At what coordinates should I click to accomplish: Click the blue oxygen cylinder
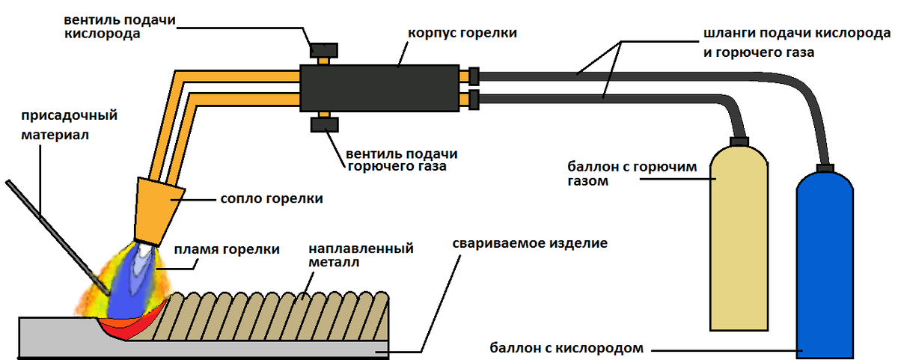(x=825, y=265)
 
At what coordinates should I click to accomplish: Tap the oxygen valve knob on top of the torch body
(x=324, y=50)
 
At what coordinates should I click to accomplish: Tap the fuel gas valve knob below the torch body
(x=324, y=125)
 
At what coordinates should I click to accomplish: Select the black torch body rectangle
(x=379, y=88)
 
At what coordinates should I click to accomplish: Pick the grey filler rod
(x=58, y=237)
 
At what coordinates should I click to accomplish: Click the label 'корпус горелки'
(x=462, y=33)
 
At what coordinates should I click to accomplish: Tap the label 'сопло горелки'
(x=272, y=198)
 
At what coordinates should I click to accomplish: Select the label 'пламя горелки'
(x=227, y=249)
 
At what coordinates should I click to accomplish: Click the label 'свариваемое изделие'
(x=530, y=243)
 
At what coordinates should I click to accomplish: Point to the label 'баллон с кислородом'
(x=566, y=348)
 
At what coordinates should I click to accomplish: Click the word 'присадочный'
(x=70, y=115)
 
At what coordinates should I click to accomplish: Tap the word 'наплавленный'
(x=361, y=248)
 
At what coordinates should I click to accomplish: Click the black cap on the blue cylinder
(x=825, y=168)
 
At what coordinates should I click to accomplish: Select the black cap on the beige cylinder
(x=739, y=141)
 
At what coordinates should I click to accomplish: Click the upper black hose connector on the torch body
(x=474, y=76)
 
